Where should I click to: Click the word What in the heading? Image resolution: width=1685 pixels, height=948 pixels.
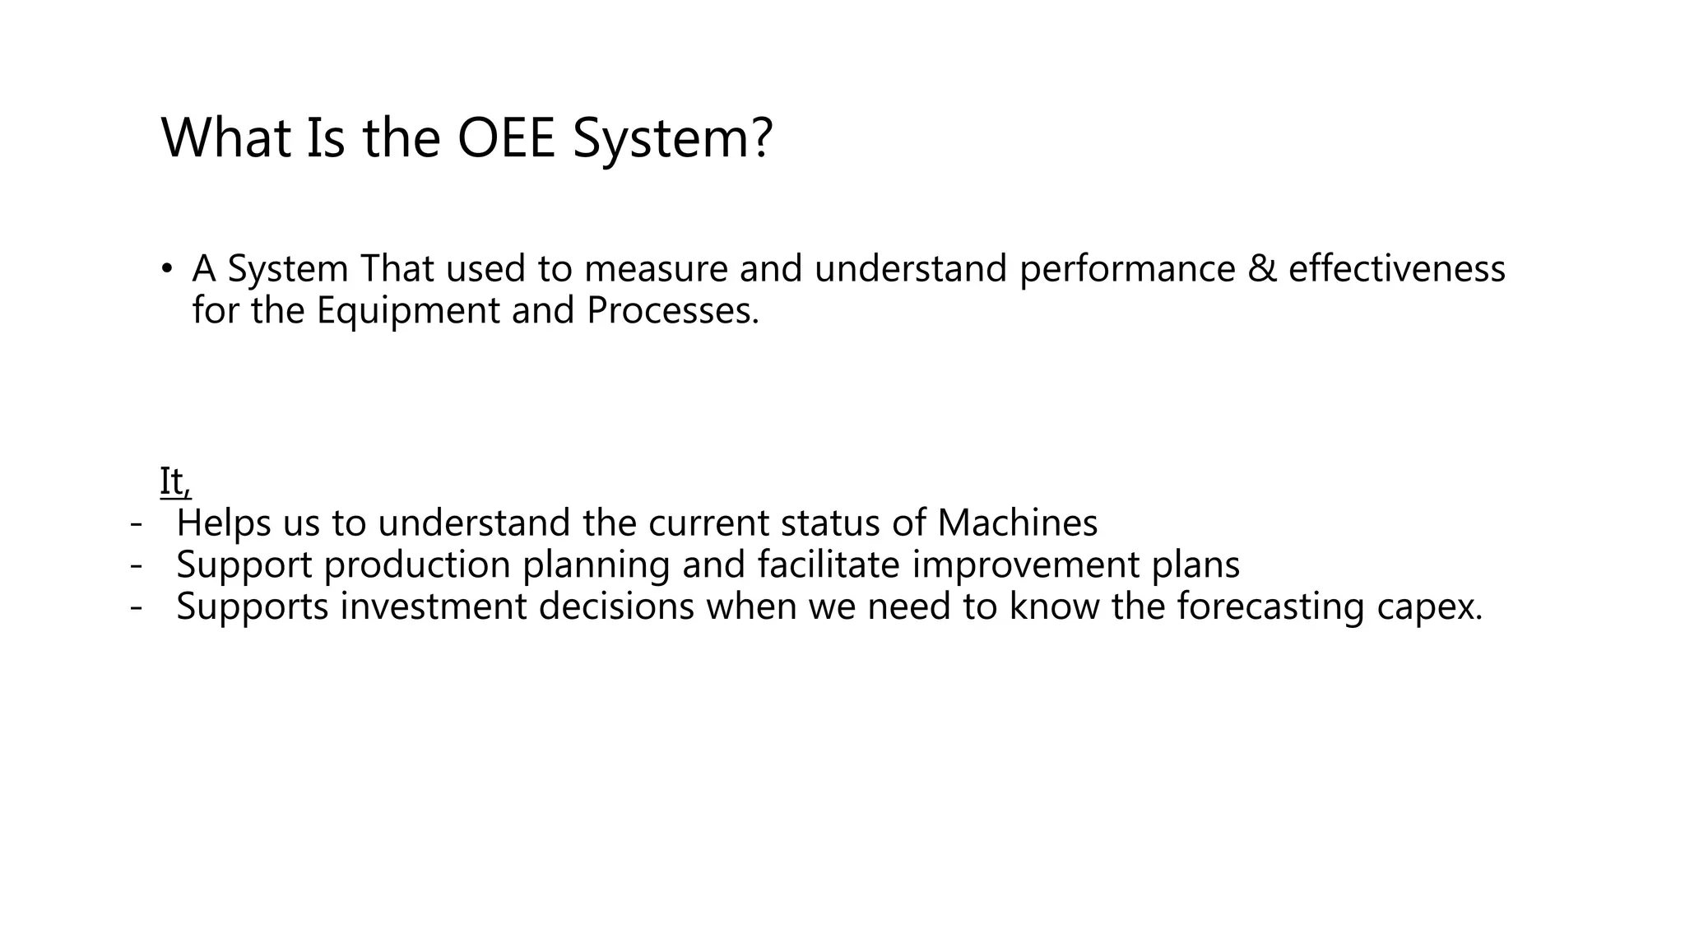pyautogui.click(x=225, y=137)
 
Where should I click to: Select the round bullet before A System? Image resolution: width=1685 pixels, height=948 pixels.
pyautogui.click(x=167, y=268)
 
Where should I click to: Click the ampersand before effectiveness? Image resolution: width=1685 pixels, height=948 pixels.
pyautogui.click(x=1261, y=269)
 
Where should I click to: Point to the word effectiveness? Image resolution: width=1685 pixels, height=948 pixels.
pyautogui.click(x=1396, y=269)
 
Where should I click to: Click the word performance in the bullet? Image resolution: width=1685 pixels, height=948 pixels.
pyautogui.click(x=1126, y=269)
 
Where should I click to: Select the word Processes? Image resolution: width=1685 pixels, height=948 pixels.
pyautogui.click(x=672, y=311)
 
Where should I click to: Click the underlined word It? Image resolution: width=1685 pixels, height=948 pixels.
pyautogui.click(x=175, y=481)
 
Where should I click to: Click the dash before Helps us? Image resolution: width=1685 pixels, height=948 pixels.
pyautogui.click(x=136, y=523)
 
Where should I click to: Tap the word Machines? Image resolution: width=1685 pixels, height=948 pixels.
pyautogui.click(x=1017, y=523)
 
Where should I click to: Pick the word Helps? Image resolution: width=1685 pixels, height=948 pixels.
pyautogui.click(x=224, y=523)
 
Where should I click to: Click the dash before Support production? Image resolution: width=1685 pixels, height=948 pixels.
pyautogui.click(x=136, y=565)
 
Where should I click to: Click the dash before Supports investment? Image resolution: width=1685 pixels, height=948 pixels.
pyautogui.click(x=136, y=607)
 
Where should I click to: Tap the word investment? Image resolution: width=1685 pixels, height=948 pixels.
pyautogui.click(x=434, y=607)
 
